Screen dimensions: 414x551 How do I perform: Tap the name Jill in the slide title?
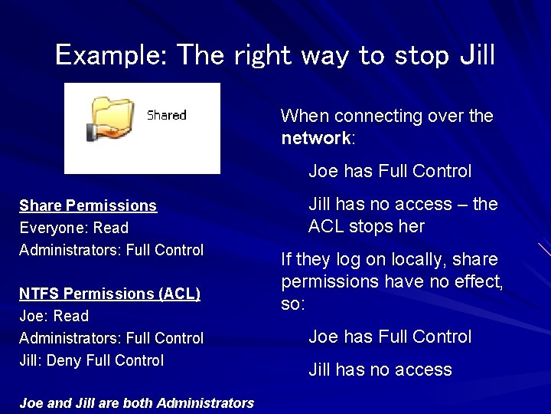click(476, 55)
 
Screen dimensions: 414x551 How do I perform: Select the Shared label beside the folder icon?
click(166, 115)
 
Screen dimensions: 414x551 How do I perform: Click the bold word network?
click(315, 139)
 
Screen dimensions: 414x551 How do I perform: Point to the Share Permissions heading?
click(88, 205)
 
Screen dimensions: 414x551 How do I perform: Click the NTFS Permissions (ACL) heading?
click(109, 294)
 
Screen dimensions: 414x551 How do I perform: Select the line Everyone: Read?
click(73, 228)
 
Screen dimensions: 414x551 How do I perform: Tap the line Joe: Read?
click(54, 316)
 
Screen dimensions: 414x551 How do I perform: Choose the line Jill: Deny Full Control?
click(91, 360)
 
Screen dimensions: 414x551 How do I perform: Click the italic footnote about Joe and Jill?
click(136, 402)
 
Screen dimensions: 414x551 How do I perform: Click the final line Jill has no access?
click(380, 370)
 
